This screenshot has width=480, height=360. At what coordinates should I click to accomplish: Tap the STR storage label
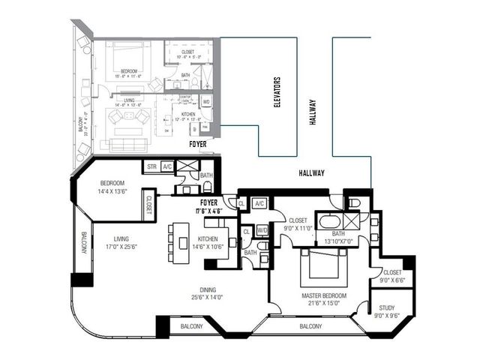click(x=151, y=166)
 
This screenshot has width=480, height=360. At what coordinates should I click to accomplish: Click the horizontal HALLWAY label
click(x=309, y=173)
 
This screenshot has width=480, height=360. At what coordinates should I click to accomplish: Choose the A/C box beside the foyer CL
click(x=259, y=203)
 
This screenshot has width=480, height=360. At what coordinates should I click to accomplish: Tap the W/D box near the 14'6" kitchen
click(x=262, y=230)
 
